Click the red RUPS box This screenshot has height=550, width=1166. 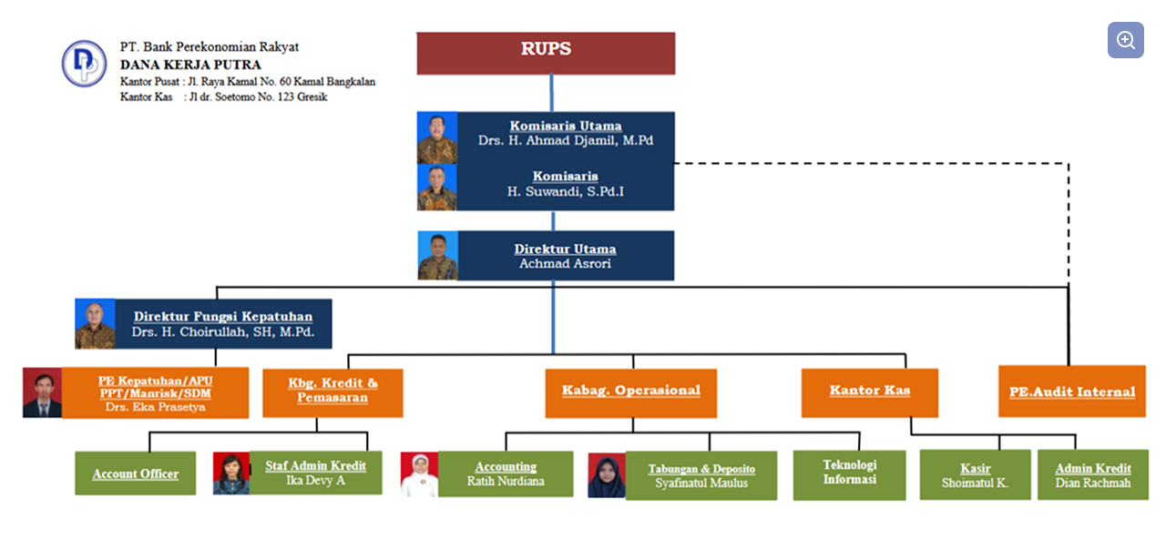click(x=546, y=53)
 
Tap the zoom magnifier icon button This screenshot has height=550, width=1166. click(x=1126, y=40)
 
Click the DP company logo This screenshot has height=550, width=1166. click(x=84, y=64)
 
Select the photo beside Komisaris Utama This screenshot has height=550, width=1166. click(x=436, y=137)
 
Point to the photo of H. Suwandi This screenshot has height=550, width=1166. click(x=436, y=188)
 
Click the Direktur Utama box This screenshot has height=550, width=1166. click(x=565, y=256)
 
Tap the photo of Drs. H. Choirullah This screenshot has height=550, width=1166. click(x=95, y=324)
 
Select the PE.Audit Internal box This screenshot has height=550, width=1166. click(x=1071, y=392)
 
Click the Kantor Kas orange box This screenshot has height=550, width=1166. click(x=869, y=392)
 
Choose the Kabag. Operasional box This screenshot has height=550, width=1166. click(x=630, y=392)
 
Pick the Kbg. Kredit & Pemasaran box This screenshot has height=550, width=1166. click(x=332, y=392)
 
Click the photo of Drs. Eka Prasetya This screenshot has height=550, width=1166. click(x=42, y=393)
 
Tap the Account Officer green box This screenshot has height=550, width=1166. click(x=135, y=474)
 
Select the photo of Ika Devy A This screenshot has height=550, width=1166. click(x=230, y=474)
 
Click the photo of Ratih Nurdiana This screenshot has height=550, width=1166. click(x=419, y=474)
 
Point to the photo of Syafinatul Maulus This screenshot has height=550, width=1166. click(x=606, y=475)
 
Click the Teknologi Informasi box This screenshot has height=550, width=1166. click(x=849, y=474)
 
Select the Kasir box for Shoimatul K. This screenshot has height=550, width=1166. click(x=975, y=474)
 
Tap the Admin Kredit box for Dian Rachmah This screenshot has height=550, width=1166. click(x=1092, y=474)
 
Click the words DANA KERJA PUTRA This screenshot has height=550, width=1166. click(x=190, y=65)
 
